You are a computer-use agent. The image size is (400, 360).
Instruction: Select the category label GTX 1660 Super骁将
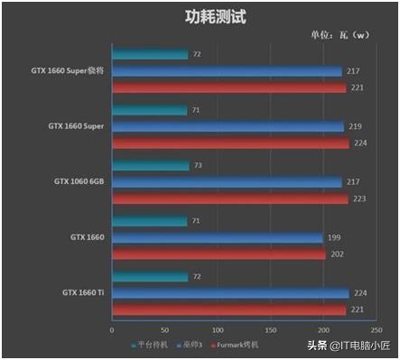point(67,70)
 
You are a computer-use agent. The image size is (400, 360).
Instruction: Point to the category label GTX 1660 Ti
point(83,292)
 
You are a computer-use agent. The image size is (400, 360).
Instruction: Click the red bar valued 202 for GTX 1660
point(219,254)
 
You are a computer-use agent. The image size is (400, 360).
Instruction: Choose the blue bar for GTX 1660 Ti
point(229,292)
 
